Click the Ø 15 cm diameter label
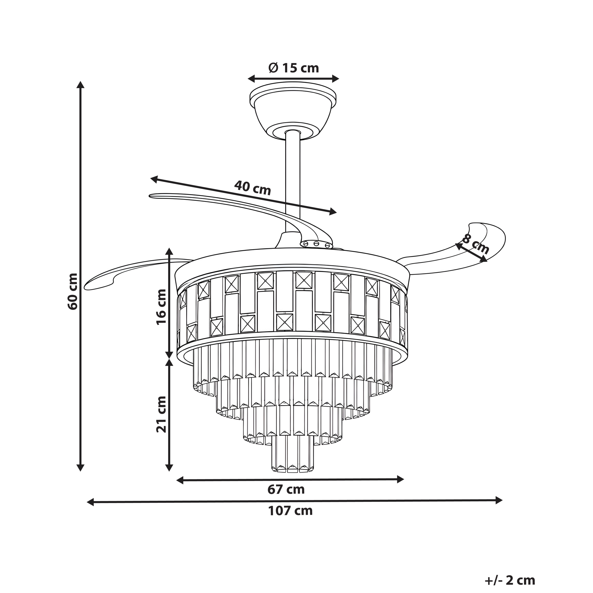pos(294,68)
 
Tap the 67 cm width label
pos(286,489)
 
